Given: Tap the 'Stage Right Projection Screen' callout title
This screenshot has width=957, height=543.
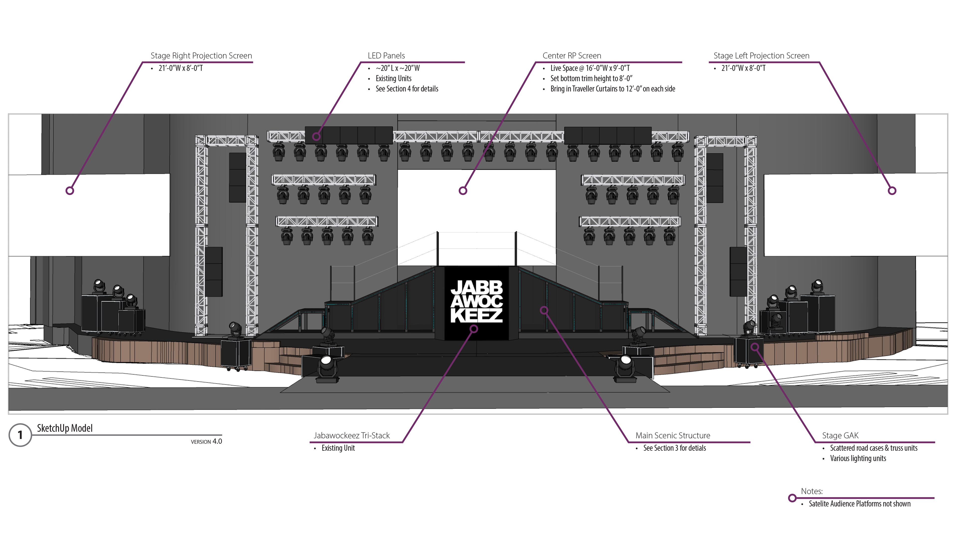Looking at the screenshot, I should coord(201,56).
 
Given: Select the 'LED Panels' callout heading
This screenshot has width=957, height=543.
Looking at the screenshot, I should coord(386,56).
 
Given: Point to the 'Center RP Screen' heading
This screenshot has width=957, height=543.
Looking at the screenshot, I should coord(571,56).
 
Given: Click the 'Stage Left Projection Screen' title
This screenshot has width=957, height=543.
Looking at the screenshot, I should coord(761,56).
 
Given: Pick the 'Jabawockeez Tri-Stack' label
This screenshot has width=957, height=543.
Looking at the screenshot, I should coord(352,435).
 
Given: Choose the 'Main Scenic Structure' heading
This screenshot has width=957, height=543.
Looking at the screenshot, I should coord(673,435).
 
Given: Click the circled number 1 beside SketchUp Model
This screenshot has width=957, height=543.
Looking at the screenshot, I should coord(20,435).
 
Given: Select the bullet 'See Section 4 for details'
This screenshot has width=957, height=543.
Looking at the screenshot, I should coord(407,89).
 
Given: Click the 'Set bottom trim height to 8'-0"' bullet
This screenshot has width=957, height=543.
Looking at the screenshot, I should coord(591,78).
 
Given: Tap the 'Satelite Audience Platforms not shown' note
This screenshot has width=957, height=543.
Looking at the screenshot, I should coord(859,504).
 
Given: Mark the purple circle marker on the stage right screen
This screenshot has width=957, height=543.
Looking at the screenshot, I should coord(70,190).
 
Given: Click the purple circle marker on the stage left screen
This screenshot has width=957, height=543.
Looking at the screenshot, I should coord(892,190).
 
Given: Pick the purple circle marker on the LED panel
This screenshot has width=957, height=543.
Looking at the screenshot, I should coord(316,136).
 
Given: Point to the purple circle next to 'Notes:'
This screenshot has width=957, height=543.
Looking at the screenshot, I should coord(793,498).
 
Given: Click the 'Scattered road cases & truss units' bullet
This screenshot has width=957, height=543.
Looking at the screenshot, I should coord(874,448).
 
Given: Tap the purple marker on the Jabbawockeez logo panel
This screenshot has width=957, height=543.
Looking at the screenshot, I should coord(474,329).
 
